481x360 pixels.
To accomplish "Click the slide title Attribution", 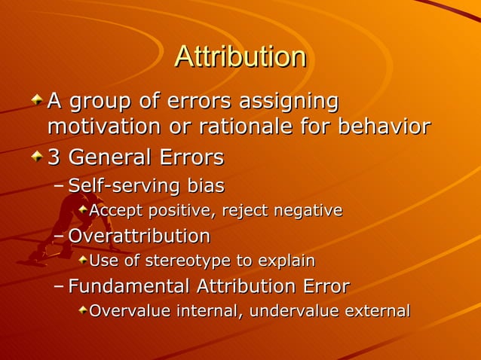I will click(x=240, y=57).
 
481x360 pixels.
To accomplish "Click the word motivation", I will click(x=98, y=126).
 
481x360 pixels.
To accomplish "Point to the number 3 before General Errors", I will click(x=54, y=158).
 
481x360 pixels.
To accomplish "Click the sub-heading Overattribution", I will click(x=139, y=236).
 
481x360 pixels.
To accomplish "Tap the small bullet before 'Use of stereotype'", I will click(x=82, y=261).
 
